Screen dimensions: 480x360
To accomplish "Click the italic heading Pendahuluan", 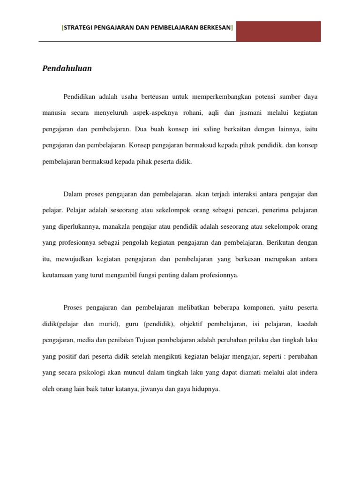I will pos(67,68).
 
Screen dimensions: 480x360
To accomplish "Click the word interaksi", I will pos(239,194).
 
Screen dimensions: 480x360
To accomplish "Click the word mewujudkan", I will pos(75,259).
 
